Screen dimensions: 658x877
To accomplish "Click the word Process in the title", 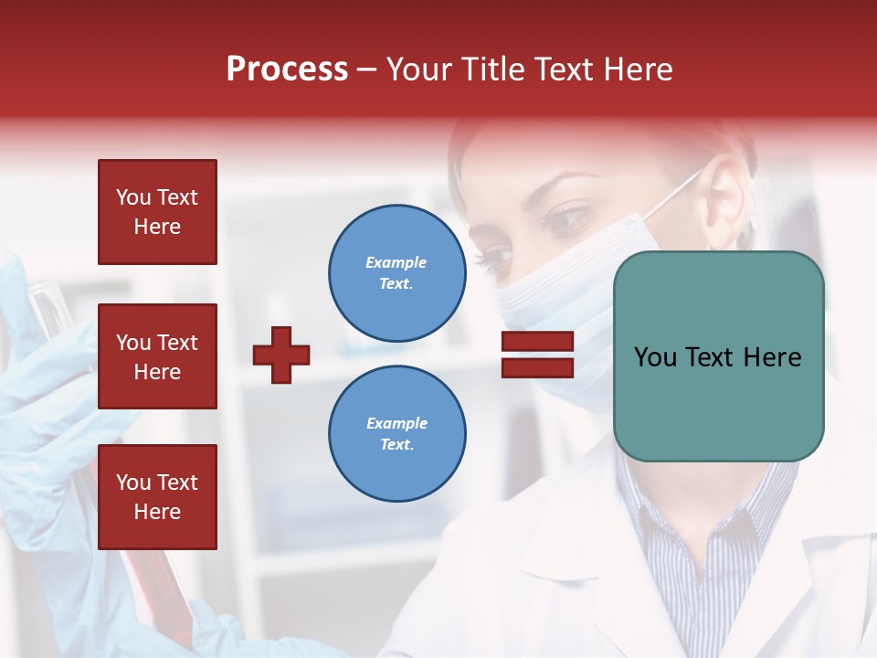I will pyautogui.click(x=287, y=69).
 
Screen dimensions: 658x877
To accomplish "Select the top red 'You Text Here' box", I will pyautogui.click(x=157, y=212).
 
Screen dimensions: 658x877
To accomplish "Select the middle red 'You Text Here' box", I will pyautogui.click(x=157, y=356).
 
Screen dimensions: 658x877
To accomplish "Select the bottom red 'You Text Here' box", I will pyautogui.click(x=157, y=496).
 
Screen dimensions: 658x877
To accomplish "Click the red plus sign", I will pyautogui.click(x=281, y=355).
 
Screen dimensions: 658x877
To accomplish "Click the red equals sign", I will pyautogui.click(x=537, y=355).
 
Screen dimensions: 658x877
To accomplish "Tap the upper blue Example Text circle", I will pyautogui.click(x=396, y=272).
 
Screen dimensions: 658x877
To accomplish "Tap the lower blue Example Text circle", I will pyautogui.click(x=396, y=433).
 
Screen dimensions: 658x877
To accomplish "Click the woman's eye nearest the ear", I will pyautogui.click(x=568, y=219).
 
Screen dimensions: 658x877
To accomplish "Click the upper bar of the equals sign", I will pyautogui.click(x=537, y=342).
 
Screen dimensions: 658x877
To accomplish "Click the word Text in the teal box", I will pyautogui.click(x=718, y=357).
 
